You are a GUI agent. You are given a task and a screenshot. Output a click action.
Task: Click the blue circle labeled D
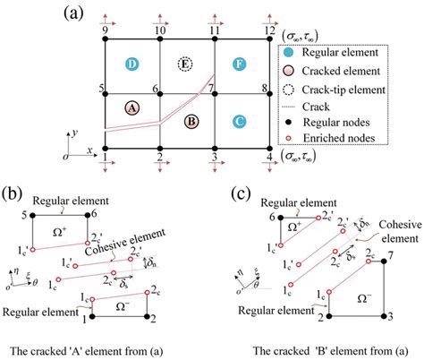coord(132,64)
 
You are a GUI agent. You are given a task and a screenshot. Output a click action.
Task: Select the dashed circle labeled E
coord(186,65)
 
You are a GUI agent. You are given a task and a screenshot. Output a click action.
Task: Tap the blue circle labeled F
coord(239,65)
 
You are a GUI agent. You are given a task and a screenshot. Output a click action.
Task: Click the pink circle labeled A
coord(132,107)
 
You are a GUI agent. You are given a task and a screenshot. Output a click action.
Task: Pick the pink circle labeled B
coord(189,120)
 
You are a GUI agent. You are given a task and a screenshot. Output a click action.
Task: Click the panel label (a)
coord(75,13)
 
